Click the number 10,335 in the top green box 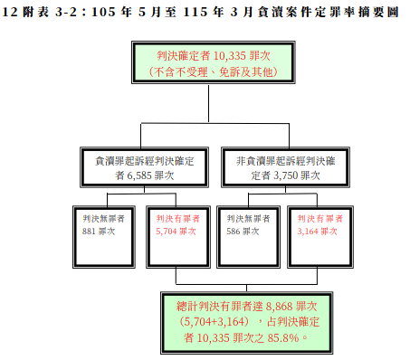pyautogui.click(x=227, y=56)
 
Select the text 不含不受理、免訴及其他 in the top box pyautogui.click(x=213, y=72)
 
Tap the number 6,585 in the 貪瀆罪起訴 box pyautogui.click(x=139, y=175)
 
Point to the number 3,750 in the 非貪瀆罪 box pyautogui.click(x=285, y=175)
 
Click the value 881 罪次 pyautogui.click(x=99, y=232)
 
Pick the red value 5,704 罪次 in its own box pyautogui.click(x=176, y=232)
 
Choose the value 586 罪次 pyautogui.click(x=243, y=232)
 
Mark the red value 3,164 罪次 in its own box pyautogui.click(x=317, y=232)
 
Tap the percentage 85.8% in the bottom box pyautogui.click(x=283, y=338)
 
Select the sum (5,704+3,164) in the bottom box pyautogui.click(x=215, y=322)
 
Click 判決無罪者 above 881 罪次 pyautogui.click(x=104, y=219)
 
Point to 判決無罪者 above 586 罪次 pyautogui.click(x=248, y=219)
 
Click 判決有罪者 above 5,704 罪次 pyautogui.click(x=178, y=219)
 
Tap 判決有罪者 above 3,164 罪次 pyautogui.click(x=319, y=219)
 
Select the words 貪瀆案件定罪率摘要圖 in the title pyautogui.click(x=329, y=12)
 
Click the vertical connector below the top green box pyautogui.click(x=208, y=103)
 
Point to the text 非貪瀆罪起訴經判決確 pyautogui.click(x=285, y=161)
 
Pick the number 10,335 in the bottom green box pyautogui.click(x=213, y=338)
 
